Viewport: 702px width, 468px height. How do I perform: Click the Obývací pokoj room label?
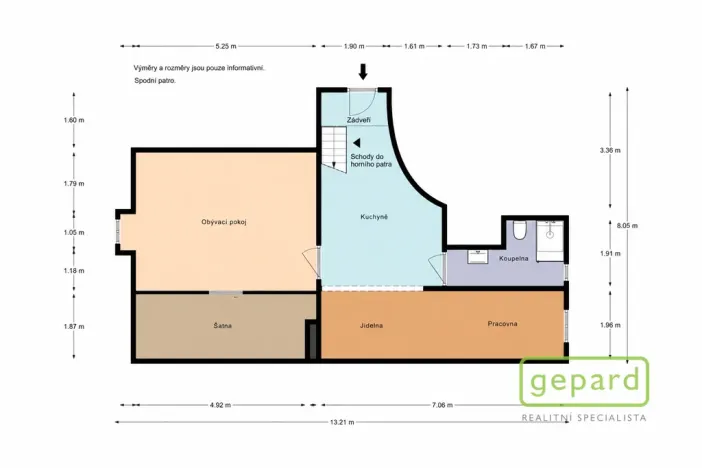pos(224,222)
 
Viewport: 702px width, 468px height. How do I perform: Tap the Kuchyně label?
pos(374,217)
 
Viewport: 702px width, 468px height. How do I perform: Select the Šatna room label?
pos(223,326)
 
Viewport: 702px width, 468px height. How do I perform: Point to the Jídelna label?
pos(371,326)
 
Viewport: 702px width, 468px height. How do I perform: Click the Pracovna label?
pos(502,324)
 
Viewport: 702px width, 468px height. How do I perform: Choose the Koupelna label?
pos(514,258)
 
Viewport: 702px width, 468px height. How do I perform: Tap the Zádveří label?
pos(359,120)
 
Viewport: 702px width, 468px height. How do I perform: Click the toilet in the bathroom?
pos(519,229)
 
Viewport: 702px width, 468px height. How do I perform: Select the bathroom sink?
pos(478,257)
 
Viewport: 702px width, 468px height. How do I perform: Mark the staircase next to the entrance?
pos(334,148)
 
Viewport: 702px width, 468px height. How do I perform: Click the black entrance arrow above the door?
pos(363,72)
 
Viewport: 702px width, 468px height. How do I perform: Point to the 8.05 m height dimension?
pos(627,226)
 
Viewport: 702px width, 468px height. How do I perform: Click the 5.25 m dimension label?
pos(226,46)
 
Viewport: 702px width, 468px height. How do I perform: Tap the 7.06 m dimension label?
pos(442,405)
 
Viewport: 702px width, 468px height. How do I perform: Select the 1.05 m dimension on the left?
pos(74,232)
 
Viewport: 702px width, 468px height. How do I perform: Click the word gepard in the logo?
pos(584,382)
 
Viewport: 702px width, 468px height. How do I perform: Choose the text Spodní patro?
pos(155,81)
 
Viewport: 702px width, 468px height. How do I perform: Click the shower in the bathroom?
pos(550,240)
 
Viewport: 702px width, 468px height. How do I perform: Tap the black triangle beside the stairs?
pos(357,143)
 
